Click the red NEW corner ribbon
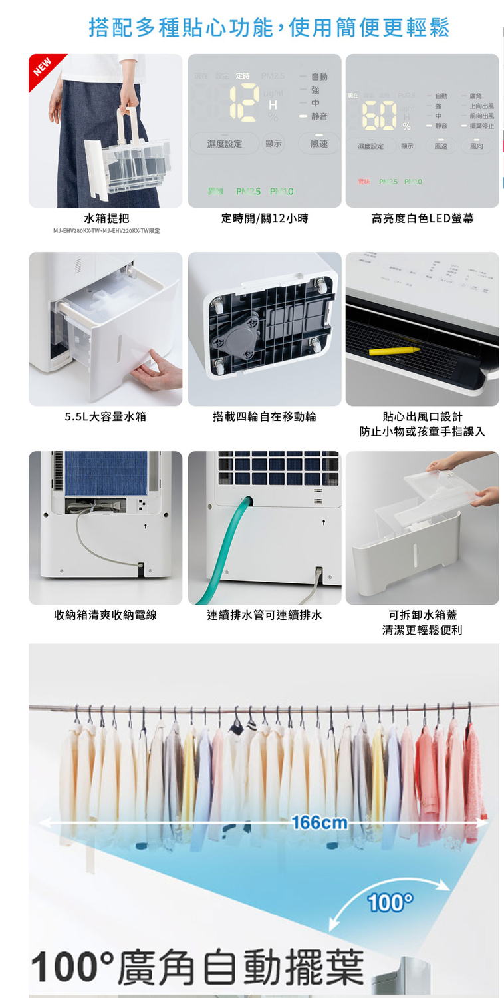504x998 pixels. click(43, 69)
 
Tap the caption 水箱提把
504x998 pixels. click(106, 218)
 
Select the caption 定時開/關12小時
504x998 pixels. click(265, 218)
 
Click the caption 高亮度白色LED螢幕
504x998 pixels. click(422, 218)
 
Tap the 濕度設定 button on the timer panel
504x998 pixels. click(225, 144)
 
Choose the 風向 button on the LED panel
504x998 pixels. click(476, 146)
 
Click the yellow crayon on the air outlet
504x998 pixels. click(394, 349)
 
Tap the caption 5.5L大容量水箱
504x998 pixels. click(106, 417)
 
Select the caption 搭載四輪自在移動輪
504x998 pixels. click(265, 417)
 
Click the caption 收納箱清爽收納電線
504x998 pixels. click(106, 615)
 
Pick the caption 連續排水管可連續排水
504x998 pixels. click(265, 615)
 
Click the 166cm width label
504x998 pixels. click(319, 823)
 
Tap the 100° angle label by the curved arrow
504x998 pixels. click(390, 903)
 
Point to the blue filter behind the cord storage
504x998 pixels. click(106, 472)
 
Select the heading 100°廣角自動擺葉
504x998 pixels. click(197, 967)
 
